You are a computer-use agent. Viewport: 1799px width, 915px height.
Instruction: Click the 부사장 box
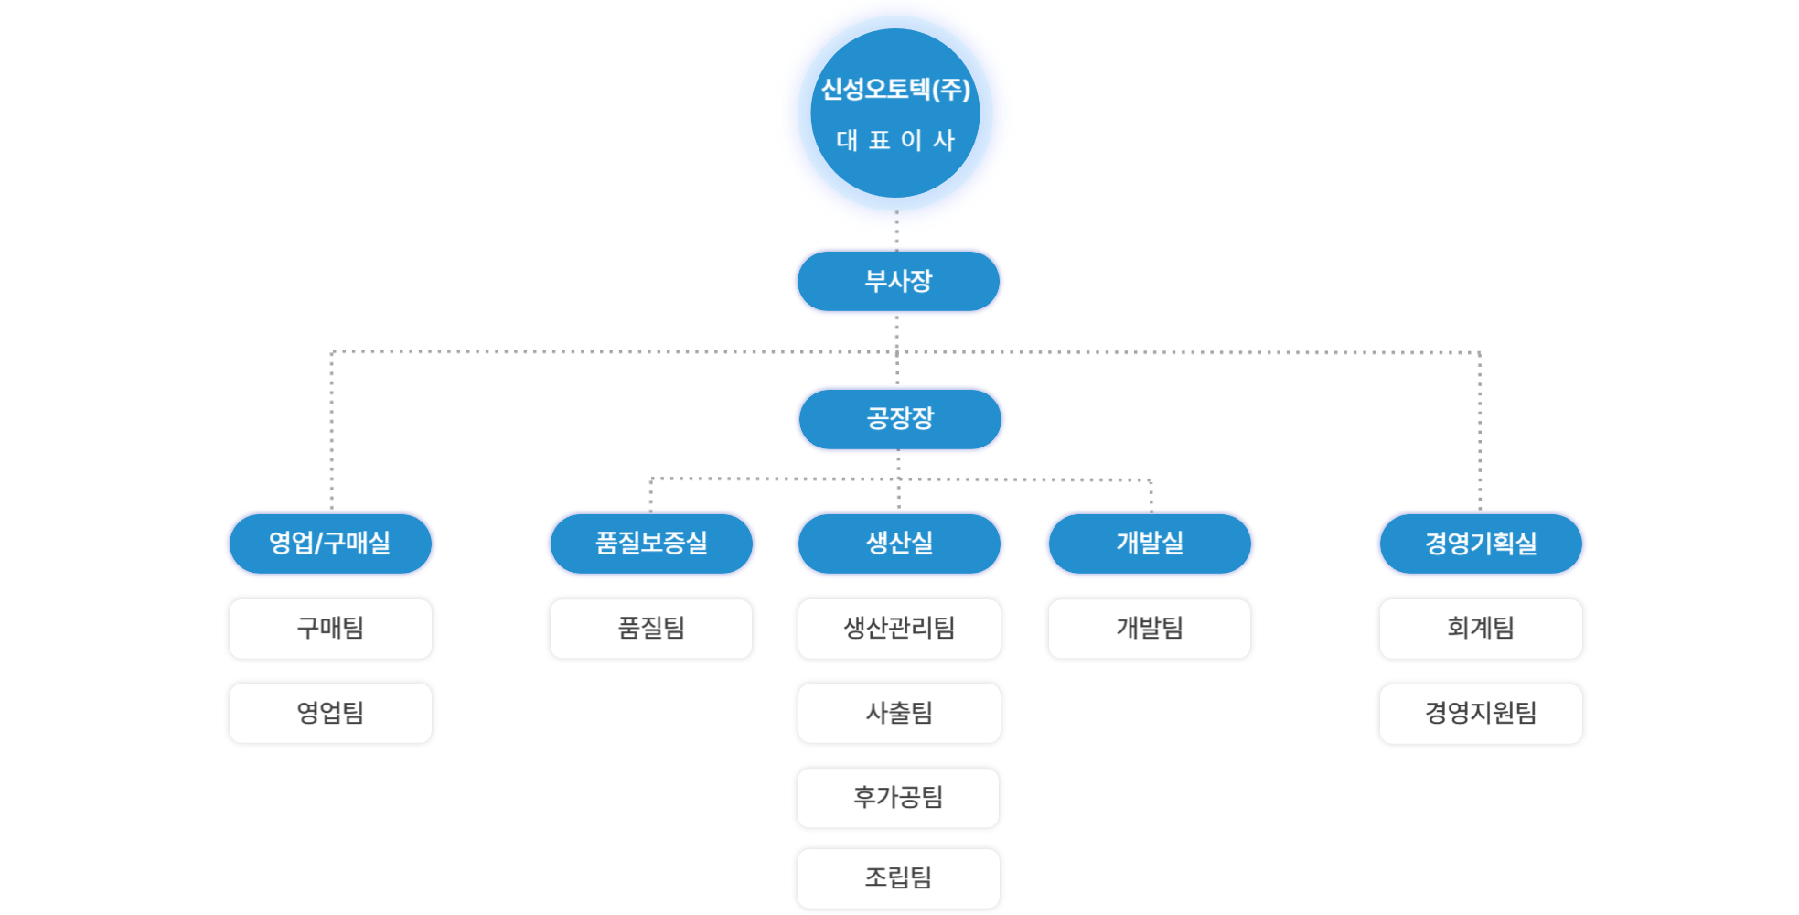[898, 281]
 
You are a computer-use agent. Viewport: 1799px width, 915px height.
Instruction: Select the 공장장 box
[900, 419]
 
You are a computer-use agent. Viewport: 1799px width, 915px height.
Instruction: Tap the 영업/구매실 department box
[330, 544]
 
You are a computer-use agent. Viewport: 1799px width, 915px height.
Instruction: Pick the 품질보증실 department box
[651, 544]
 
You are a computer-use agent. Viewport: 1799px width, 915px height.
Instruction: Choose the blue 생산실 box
[900, 544]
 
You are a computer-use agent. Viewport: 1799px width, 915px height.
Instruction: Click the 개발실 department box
[1150, 544]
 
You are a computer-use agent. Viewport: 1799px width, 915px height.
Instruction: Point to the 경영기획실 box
[1481, 544]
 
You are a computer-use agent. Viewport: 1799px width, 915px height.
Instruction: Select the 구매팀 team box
[330, 629]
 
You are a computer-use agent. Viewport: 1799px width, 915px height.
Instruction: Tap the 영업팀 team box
[330, 713]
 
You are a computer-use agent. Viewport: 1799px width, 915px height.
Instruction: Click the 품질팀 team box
[651, 629]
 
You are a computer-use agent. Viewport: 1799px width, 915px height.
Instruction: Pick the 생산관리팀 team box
[899, 629]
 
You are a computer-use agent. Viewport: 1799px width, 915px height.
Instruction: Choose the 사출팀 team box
[899, 713]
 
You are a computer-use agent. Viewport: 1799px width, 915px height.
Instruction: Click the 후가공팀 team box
[898, 798]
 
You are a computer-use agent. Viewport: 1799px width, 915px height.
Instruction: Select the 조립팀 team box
[898, 878]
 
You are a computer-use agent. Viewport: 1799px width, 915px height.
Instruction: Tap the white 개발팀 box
[1150, 629]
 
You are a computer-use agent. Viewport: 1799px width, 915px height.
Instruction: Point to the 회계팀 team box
[1481, 629]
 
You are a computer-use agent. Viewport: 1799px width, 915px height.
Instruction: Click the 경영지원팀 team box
[1481, 714]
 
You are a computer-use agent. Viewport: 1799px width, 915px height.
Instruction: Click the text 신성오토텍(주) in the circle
[895, 90]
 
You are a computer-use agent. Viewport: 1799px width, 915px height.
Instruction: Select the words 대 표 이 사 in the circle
[895, 140]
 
